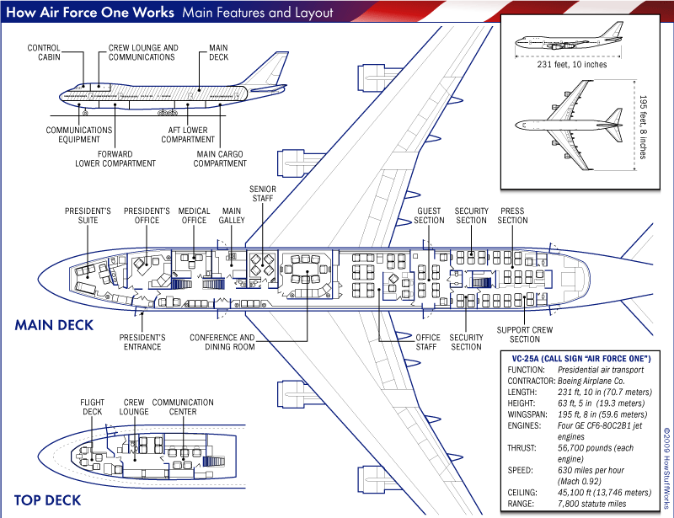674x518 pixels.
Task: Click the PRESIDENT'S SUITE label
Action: point(82,216)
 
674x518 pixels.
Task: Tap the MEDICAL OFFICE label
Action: point(194,216)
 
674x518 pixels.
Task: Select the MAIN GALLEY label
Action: point(232,216)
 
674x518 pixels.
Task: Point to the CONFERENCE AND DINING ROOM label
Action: point(222,342)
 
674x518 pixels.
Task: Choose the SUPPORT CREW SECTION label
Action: point(524,334)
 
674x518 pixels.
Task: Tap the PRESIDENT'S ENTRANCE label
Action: point(142,342)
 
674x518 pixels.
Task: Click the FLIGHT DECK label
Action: point(92,408)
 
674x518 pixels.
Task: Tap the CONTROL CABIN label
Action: point(44,52)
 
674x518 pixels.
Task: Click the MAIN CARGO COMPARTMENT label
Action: point(220,158)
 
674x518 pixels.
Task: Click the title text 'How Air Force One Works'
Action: point(89,13)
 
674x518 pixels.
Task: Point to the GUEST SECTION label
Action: point(429,216)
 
